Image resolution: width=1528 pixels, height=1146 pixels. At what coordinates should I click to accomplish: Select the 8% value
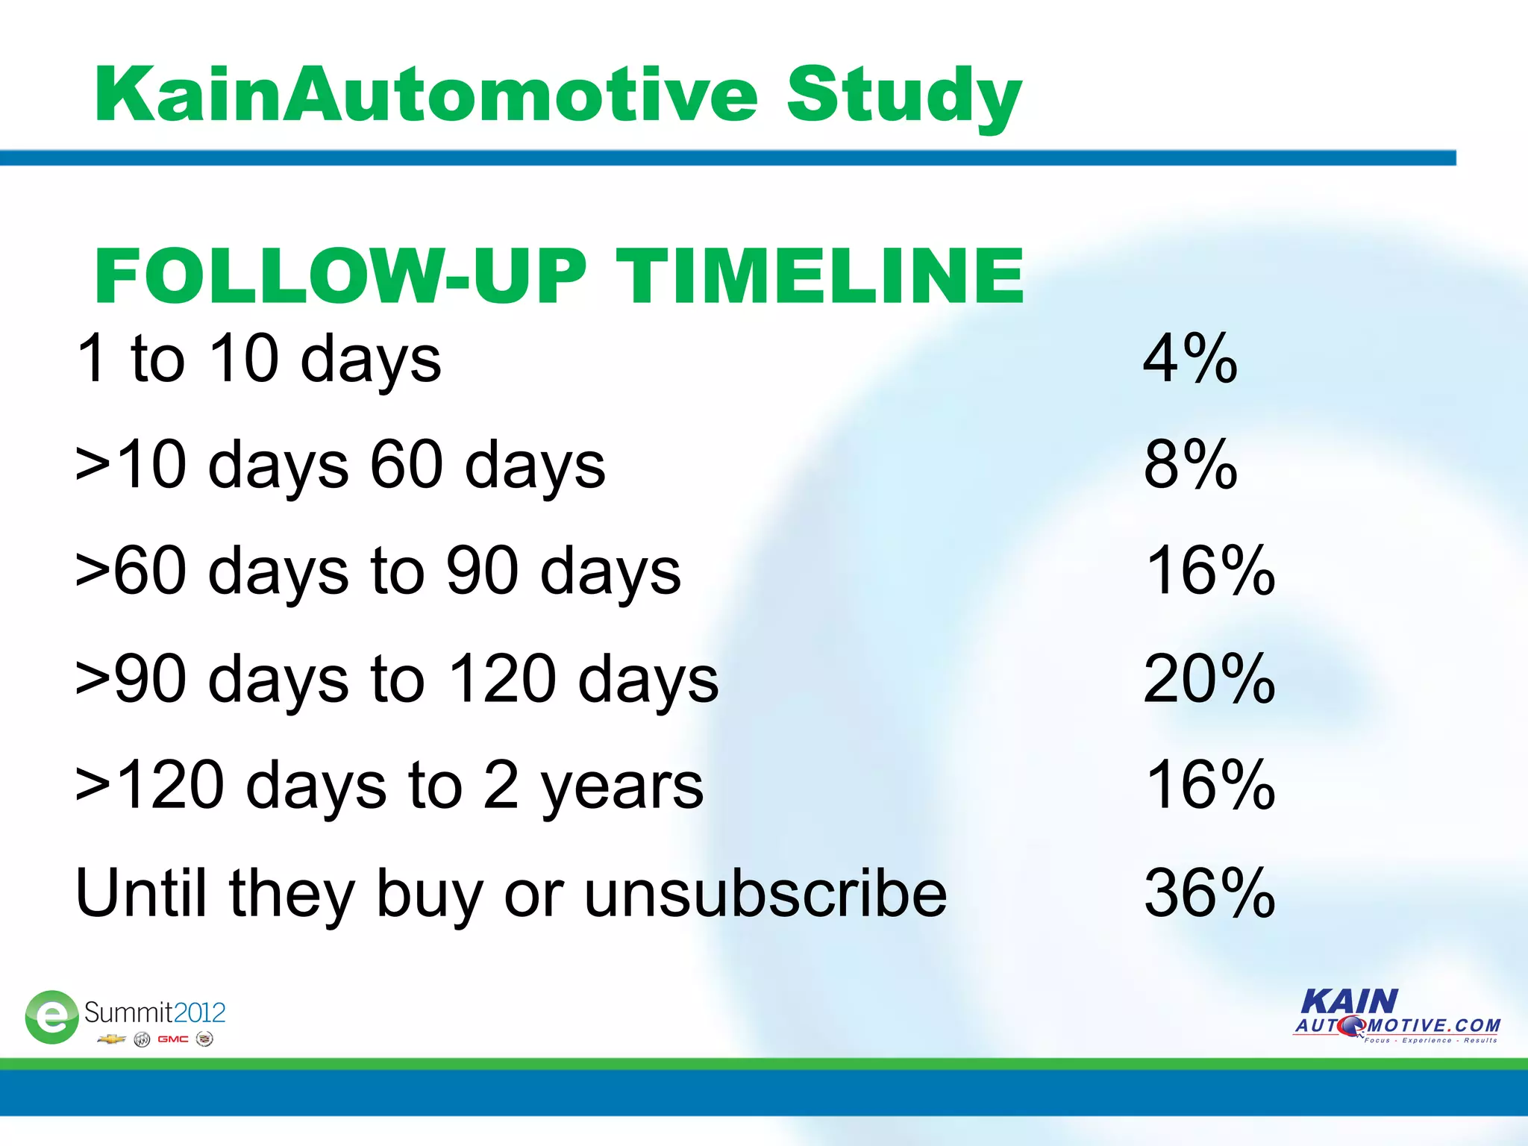click(1189, 465)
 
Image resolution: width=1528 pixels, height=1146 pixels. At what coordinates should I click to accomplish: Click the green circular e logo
click(51, 1016)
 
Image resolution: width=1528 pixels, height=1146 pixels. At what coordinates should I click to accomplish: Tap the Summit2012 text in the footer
click(154, 1012)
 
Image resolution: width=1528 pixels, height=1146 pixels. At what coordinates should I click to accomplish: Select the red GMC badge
click(172, 1039)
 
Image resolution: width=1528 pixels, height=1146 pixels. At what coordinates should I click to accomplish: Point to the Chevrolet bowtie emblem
click(111, 1039)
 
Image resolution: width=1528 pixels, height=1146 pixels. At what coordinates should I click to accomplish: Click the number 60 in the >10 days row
click(407, 465)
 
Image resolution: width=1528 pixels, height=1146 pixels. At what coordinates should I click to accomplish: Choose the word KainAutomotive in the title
click(425, 95)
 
